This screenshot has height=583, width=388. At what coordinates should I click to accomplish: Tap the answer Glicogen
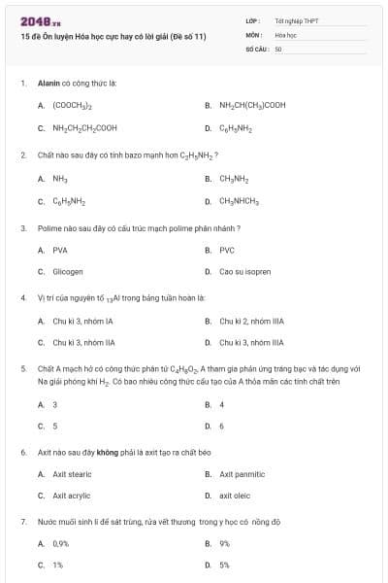(68, 272)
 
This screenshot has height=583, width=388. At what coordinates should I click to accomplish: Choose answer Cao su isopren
(245, 272)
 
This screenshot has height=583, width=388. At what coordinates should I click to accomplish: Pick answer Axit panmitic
(242, 474)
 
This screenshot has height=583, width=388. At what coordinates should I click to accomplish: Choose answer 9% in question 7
(224, 543)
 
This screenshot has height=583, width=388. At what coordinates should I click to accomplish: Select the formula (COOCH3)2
(73, 105)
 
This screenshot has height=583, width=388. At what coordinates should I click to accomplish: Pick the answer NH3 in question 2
(59, 179)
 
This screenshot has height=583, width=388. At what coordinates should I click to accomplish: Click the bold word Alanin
(48, 84)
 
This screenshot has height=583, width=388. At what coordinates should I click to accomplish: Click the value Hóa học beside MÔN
(285, 33)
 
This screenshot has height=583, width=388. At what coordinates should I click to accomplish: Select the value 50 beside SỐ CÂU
(278, 48)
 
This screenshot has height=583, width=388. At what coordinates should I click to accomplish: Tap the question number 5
(22, 369)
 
